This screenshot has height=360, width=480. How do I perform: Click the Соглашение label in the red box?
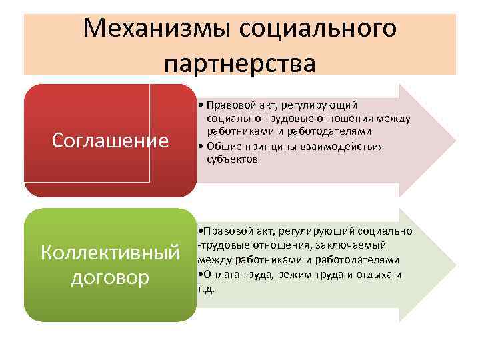coord(110,141)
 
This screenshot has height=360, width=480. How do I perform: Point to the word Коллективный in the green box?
coord(110,253)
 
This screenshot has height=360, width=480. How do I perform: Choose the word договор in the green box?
coord(110,277)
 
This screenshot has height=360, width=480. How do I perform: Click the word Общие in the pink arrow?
coord(222,147)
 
